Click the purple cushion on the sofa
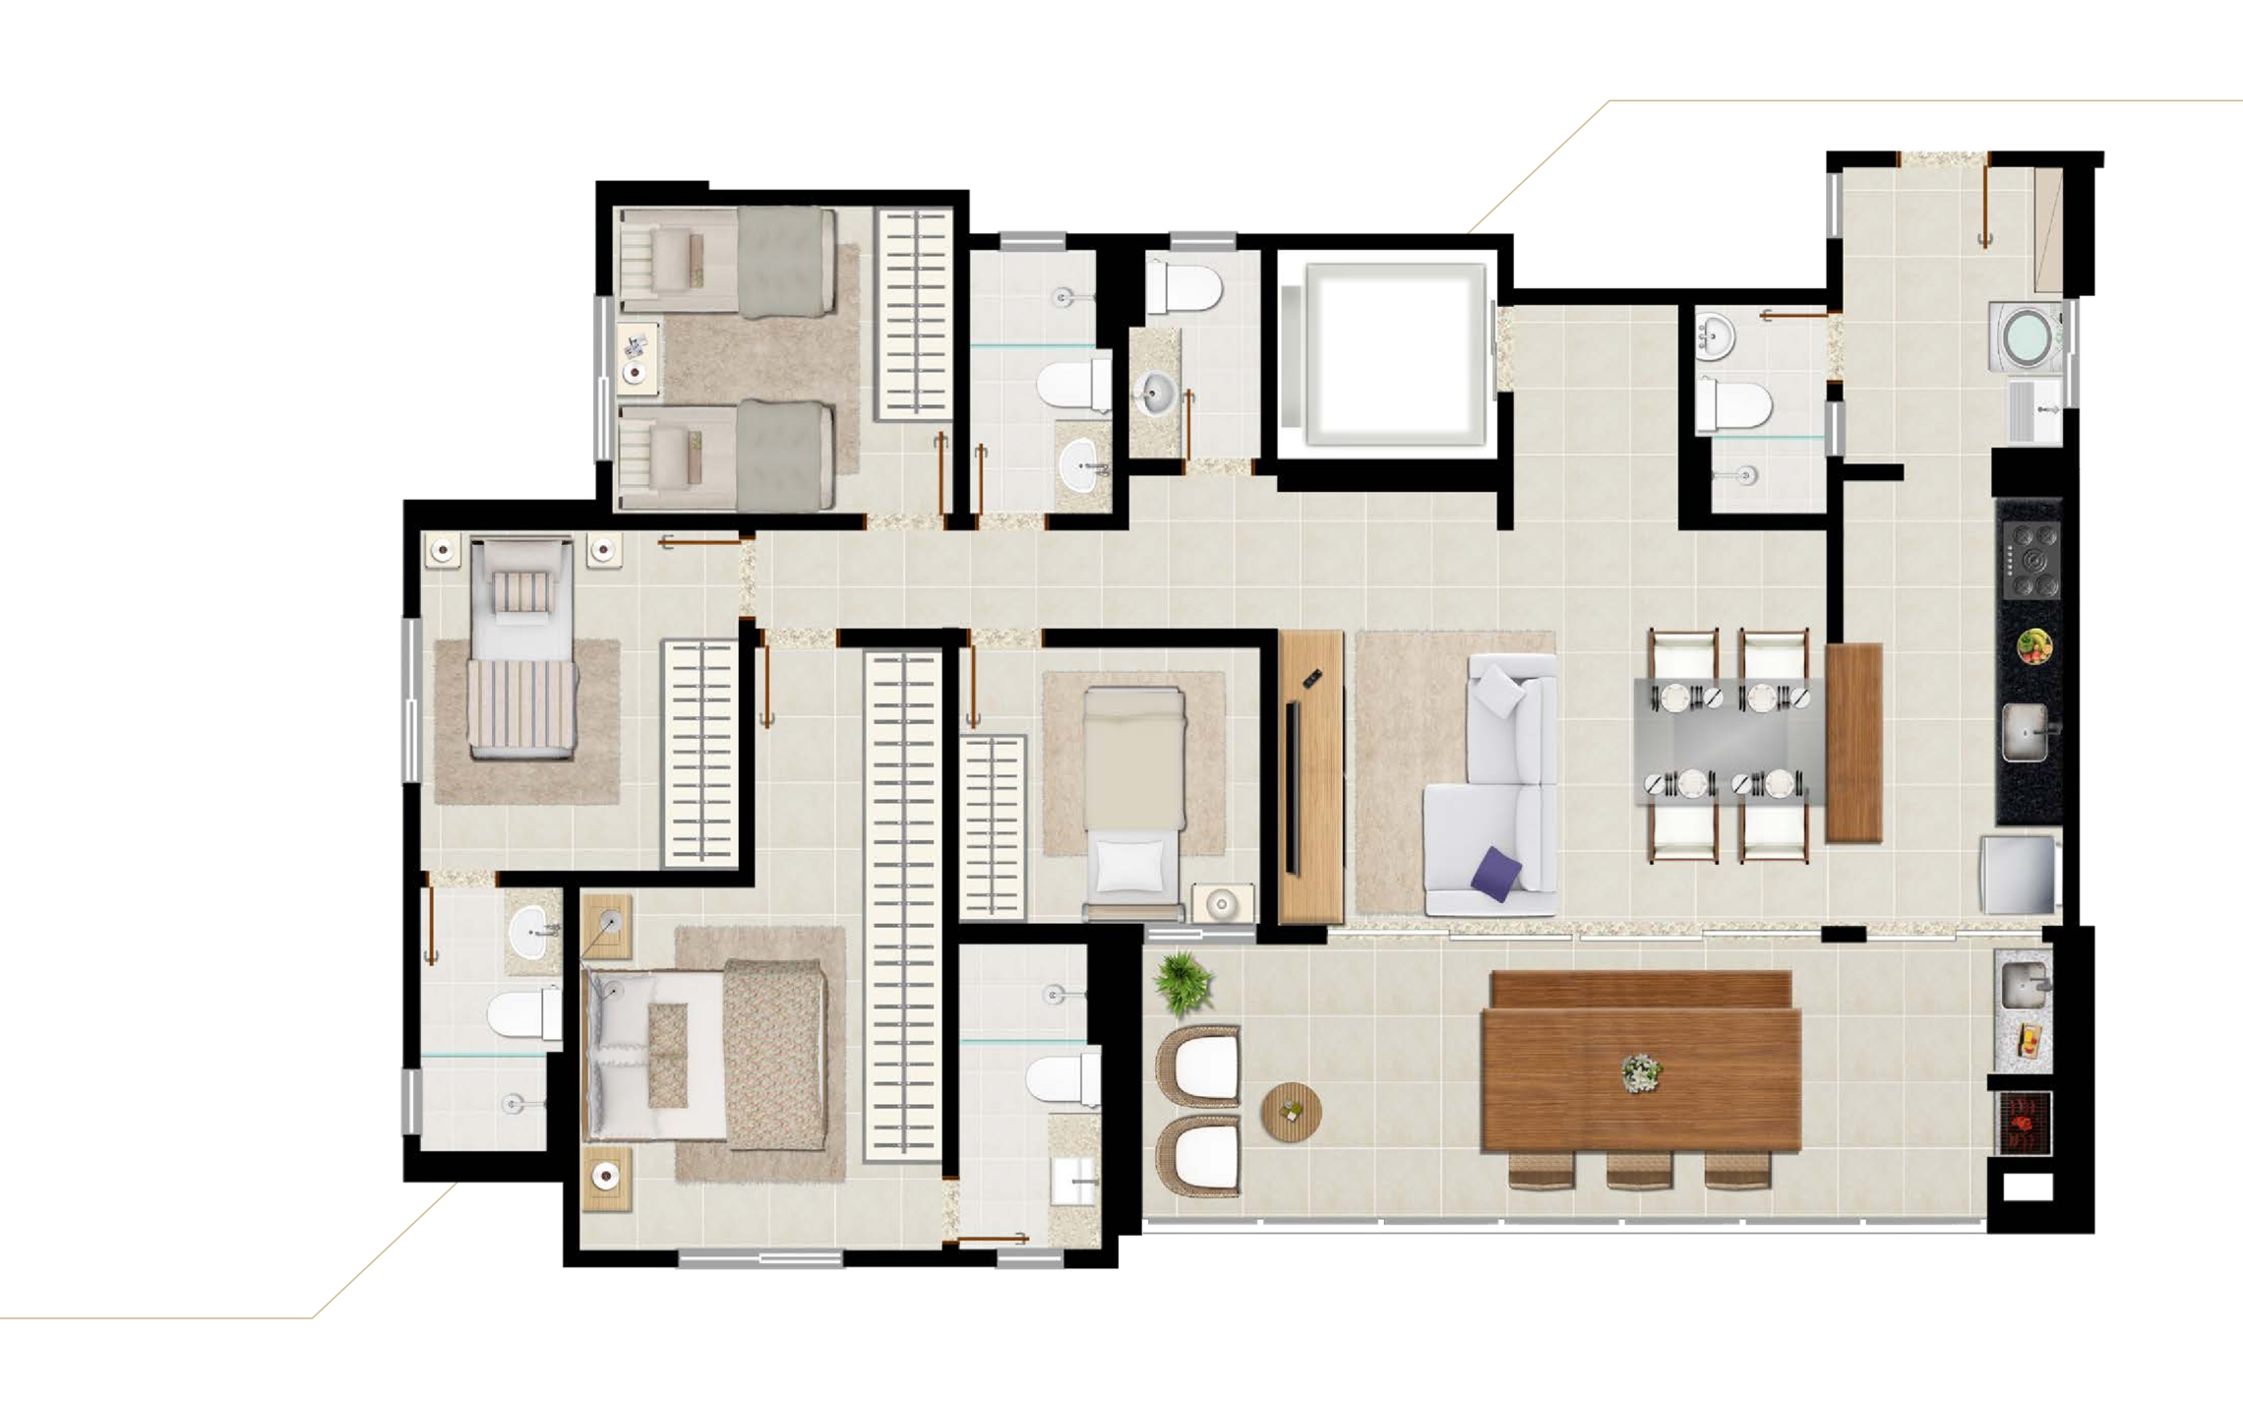(x=1497, y=873)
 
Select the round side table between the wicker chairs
(x=1291, y=1112)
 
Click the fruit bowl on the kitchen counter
(x=2033, y=646)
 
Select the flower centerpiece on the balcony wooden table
(x=1640, y=1071)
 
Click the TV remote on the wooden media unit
(x=1311, y=678)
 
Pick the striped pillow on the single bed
(x=522, y=593)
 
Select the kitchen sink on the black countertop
(x=2026, y=732)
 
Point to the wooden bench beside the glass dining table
(x=1853, y=742)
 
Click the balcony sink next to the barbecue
(x=2024, y=985)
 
